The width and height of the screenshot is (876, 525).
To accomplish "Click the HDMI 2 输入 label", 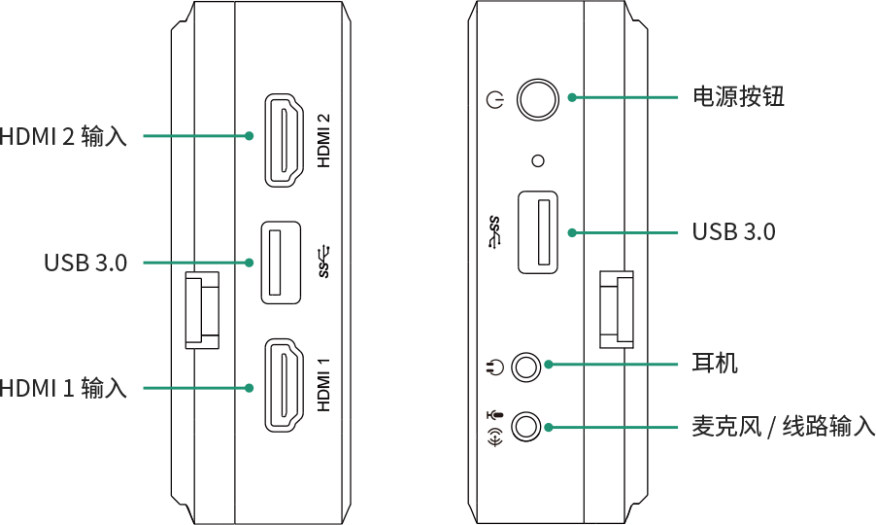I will click(63, 136).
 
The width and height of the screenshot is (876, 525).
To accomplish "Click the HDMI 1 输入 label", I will click(63, 388).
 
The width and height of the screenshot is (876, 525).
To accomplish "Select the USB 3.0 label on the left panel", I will click(85, 262).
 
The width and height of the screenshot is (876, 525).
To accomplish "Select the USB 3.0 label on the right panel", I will click(733, 232).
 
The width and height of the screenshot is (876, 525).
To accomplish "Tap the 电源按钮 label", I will click(738, 97).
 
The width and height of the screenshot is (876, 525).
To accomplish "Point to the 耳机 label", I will click(715, 365).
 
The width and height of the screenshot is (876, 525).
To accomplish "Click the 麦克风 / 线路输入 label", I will click(783, 427).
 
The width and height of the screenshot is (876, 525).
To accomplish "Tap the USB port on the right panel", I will click(537, 232).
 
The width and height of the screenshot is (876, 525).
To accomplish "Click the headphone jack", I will click(525, 367).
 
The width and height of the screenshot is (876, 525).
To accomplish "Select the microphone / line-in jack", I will click(525, 426).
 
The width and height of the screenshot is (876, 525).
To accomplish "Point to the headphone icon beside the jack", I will click(494, 367).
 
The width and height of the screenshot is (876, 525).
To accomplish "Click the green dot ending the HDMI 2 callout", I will click(250, 136).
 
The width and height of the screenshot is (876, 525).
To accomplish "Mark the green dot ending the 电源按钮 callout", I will click(572, 97).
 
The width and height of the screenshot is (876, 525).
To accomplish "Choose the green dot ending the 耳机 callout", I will click(549, 365).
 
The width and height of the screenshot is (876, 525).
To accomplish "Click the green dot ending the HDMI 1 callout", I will click(250, 388).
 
